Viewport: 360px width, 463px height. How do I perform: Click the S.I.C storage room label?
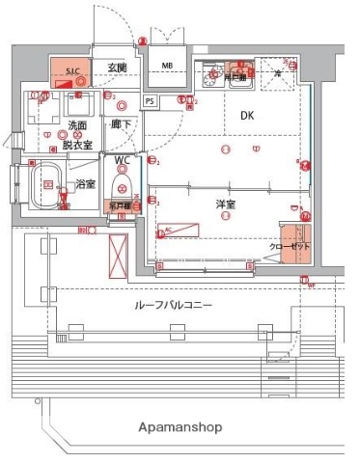(x=73, y=70)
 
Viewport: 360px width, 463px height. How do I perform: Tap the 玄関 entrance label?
(x=117, y=67)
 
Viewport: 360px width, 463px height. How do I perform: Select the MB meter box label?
(x=167, y=66)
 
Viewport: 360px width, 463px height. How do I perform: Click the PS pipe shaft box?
(x=149, y=100)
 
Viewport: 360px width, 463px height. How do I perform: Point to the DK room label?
(x=248, y=116)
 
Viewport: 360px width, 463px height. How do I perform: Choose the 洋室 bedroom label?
(x=225, y=204)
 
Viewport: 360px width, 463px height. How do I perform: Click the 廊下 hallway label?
(x=120, y=125)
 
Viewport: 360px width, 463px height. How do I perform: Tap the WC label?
(x=123, y=160)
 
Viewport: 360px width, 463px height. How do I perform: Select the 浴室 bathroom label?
(x=85, y=182)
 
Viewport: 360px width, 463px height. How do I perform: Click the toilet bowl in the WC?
(x=121, y=182)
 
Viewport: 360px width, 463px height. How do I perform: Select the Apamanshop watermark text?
(x=180, y=425)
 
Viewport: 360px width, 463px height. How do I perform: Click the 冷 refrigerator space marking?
(x=278, y=73)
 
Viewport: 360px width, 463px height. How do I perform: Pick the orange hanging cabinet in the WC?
(x=121, y=204)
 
